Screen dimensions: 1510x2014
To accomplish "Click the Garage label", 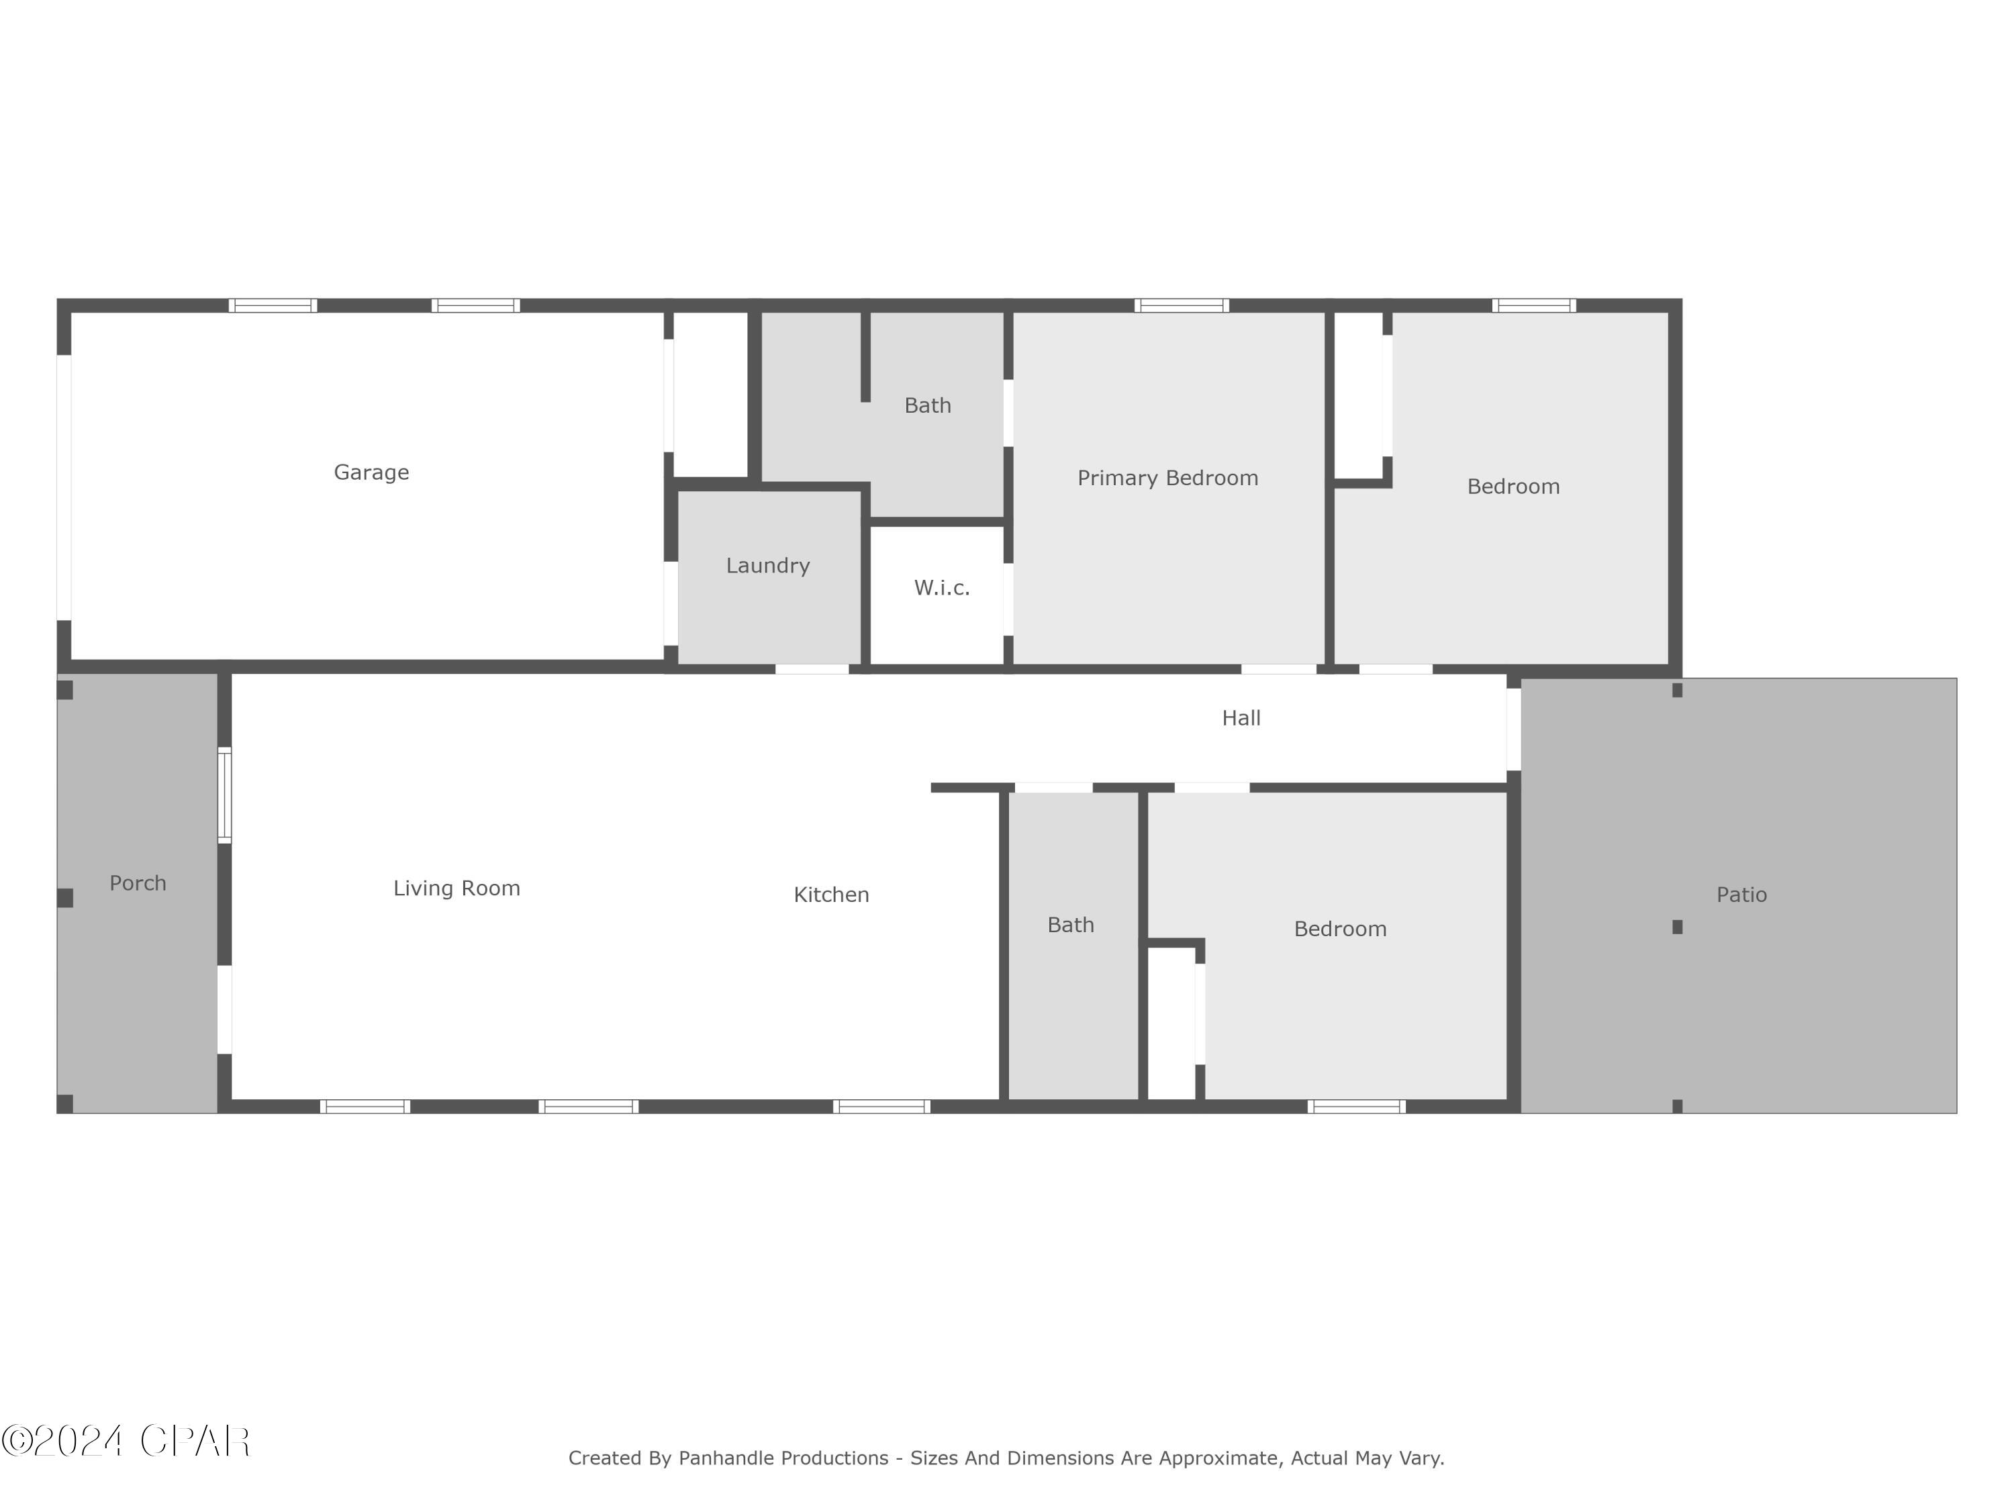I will [x=371, y=472].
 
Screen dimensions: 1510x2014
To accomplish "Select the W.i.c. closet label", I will [x=941, y=588].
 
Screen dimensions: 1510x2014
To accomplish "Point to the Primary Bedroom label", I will [x=1167, y=478].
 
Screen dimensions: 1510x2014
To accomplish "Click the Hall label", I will [x=1241, y=718].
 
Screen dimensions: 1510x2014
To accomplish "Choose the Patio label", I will [x=1741, y=895].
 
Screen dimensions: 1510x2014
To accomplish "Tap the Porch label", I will [x=138, y=883].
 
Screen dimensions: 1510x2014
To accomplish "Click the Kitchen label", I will [x=831, y=895].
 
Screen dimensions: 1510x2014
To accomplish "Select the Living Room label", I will [x=456, y=889].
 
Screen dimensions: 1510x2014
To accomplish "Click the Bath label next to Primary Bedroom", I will [x=927, y=406].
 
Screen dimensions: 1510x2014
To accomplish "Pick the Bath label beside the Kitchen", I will [x=1070, y=925].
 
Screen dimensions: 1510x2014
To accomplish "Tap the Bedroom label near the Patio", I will [x=1339, y=929].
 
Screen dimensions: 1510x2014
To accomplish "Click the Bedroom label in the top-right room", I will [x=1513, y=487].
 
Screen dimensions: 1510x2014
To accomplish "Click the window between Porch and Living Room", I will [x=224, y=795].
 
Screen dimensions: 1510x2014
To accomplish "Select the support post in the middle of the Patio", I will [x=1677, y=927].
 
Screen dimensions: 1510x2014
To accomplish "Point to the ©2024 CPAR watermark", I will [x=126, y=1441].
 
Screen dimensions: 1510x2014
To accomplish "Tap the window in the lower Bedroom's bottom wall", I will [x=1355, y=1107].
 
